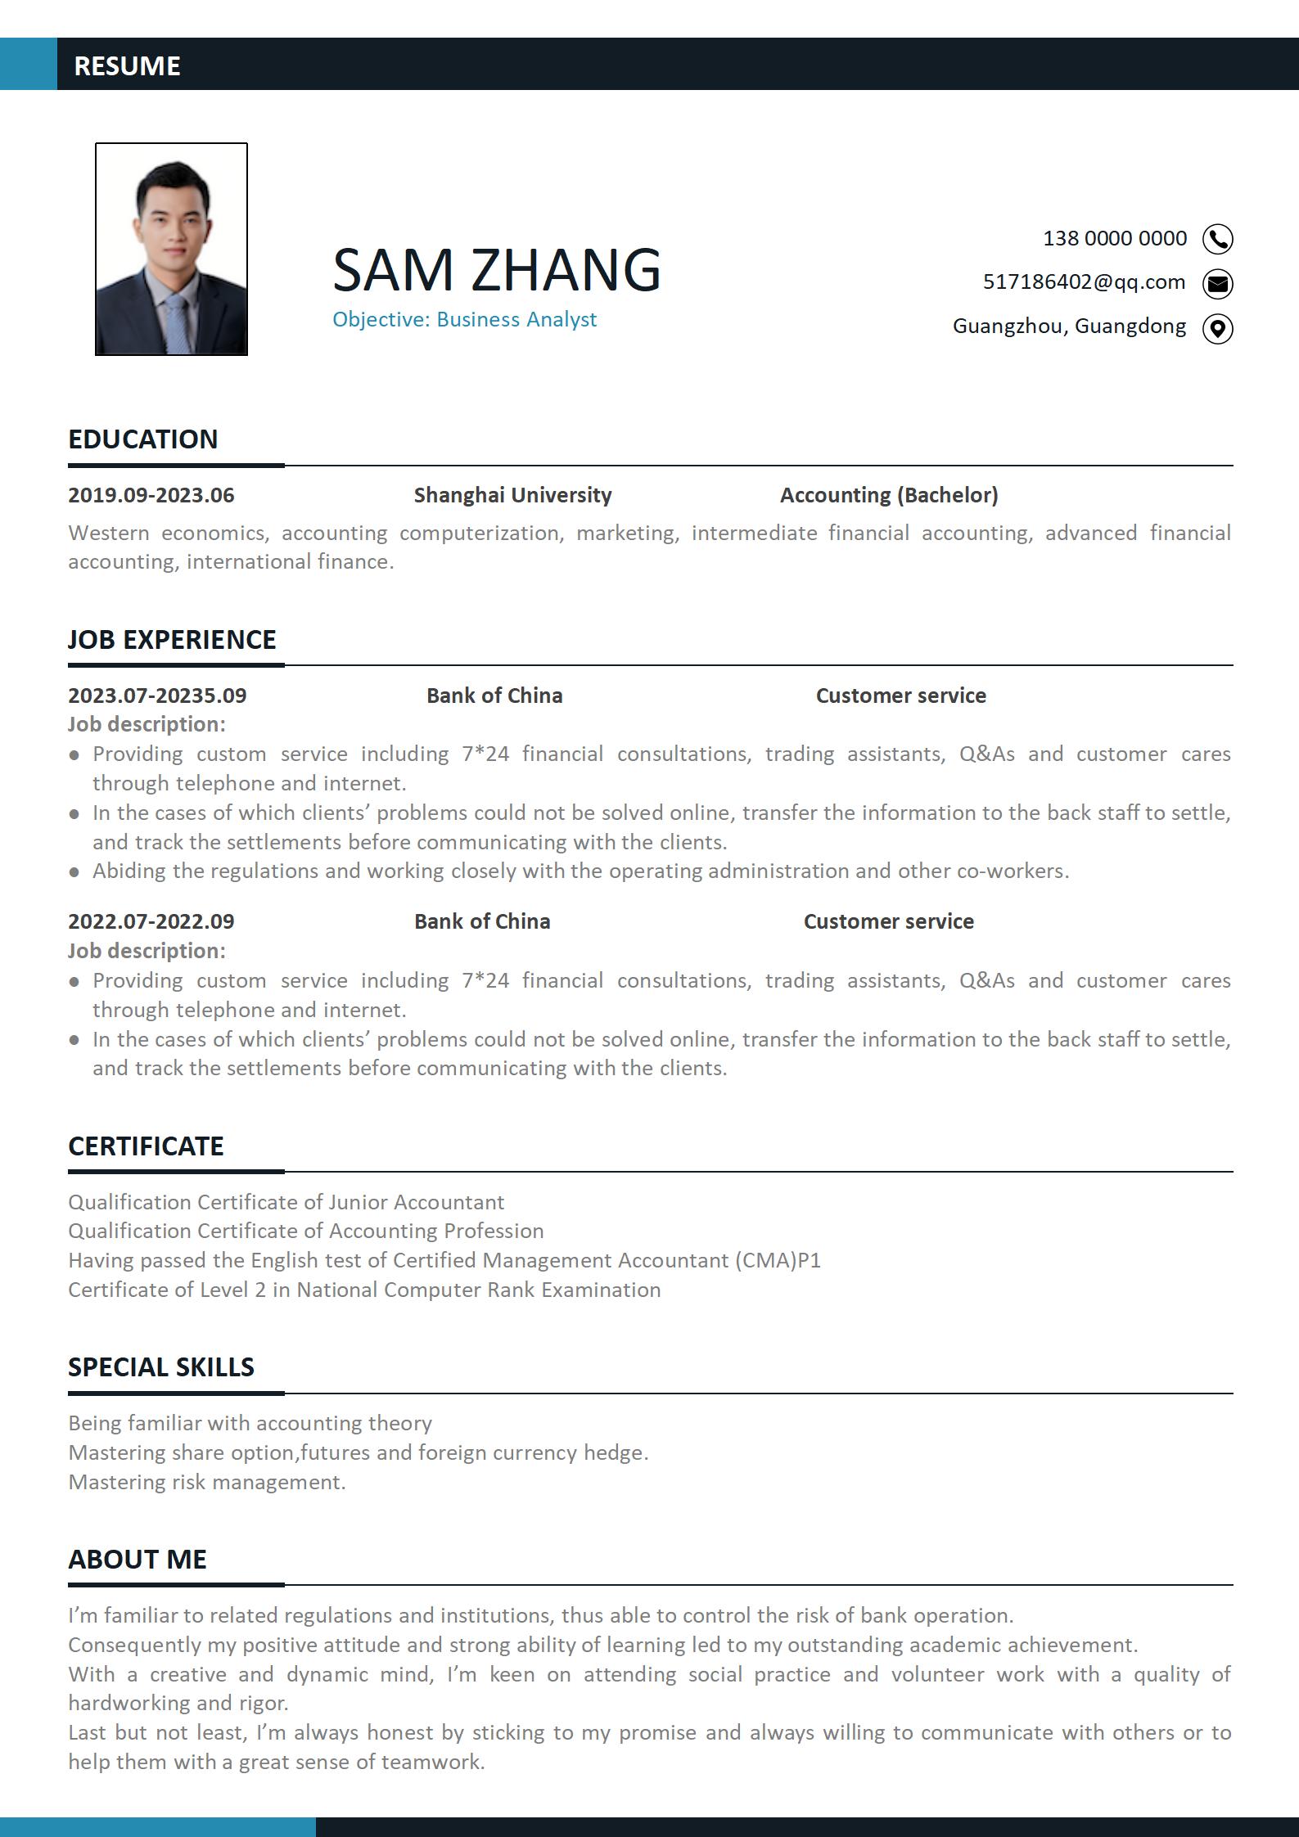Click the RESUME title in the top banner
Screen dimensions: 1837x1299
pyautogui.click(x=127, y=65)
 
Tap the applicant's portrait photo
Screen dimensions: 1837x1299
pyautogui.click(x=171, y=249)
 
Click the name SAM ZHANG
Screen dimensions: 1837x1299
pyautogui.click(x=496, y=269)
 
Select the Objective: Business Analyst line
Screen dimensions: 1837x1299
pyautogui.click(x=464, y=319)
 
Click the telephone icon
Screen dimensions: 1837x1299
pyautogui.click(x=1217, y=239)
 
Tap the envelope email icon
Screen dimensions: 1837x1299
pyautogui.click(x=1217, y=283)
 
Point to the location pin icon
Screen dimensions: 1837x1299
pyautogui.click(x=1217, y=328)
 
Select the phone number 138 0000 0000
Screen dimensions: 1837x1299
pyautogui.click(x=1114, y=238)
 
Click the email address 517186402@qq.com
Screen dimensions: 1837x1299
pyautogui.click(x=1084, y=282)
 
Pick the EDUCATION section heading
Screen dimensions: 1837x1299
pyautogui.click(x=143, y=439)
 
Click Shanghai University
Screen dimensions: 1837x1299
pyautogui.click(x=512, y=495)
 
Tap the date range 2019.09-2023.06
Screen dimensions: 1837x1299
pyautogui.click(x=151, y=495)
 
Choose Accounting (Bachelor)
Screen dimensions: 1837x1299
pyautogui.click(x=889, y=495)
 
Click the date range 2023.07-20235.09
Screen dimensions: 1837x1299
pyautogui.click(x=157, y=696)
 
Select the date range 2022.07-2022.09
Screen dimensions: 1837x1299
pyautogui.click(x=151, y=921)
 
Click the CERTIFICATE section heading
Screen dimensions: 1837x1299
pyautogui.click(x=146, y=1146)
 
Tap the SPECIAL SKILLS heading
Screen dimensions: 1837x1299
pyautogui.click(x=161, y=1366)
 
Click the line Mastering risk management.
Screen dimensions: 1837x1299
pyautogui.click(x=207, y=1482)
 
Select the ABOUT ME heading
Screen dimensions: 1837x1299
pyautogui.click(x=138, y=1559)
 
